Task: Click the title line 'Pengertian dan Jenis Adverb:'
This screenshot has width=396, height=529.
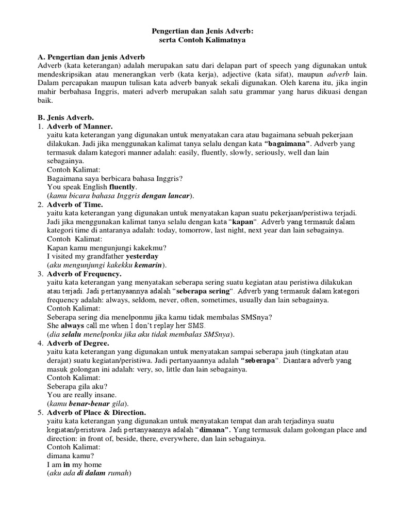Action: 198,31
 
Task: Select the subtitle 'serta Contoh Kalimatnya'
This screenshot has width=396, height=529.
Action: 198,40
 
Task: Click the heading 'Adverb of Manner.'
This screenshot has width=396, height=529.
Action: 80,126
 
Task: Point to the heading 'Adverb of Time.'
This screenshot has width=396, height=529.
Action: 75,205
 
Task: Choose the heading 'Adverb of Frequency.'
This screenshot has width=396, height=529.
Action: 85,274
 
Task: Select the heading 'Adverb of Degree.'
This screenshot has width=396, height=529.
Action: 78,343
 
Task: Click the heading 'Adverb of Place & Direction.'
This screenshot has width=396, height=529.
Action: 97,412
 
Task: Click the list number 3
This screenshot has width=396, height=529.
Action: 40,274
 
